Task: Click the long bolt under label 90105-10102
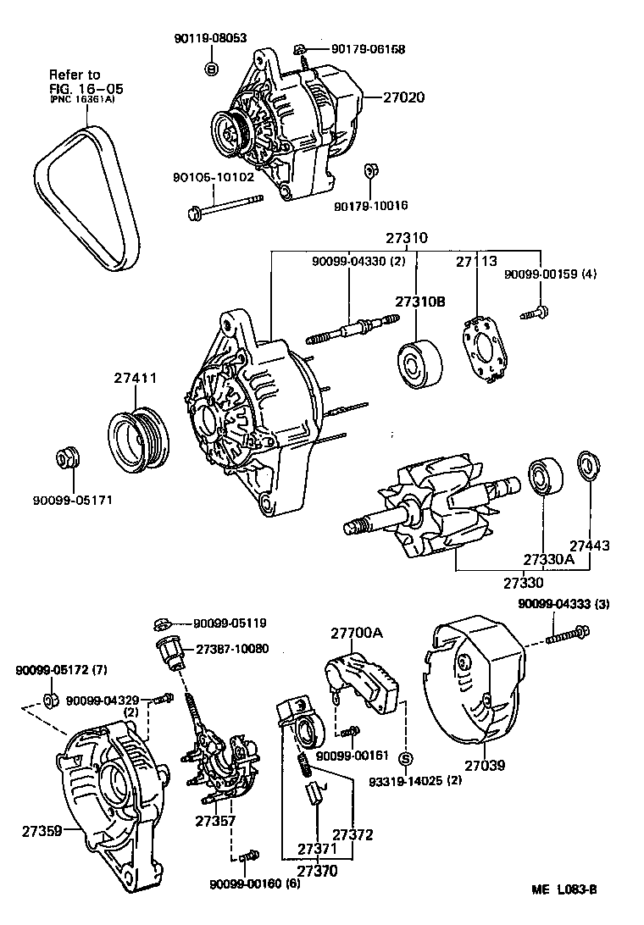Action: [225, 204]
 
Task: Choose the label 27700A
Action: [357, 633]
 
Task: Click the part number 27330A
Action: [548, 560]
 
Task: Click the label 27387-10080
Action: [232, 649]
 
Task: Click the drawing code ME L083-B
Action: [564, 889]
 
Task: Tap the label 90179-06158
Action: [368, 49]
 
